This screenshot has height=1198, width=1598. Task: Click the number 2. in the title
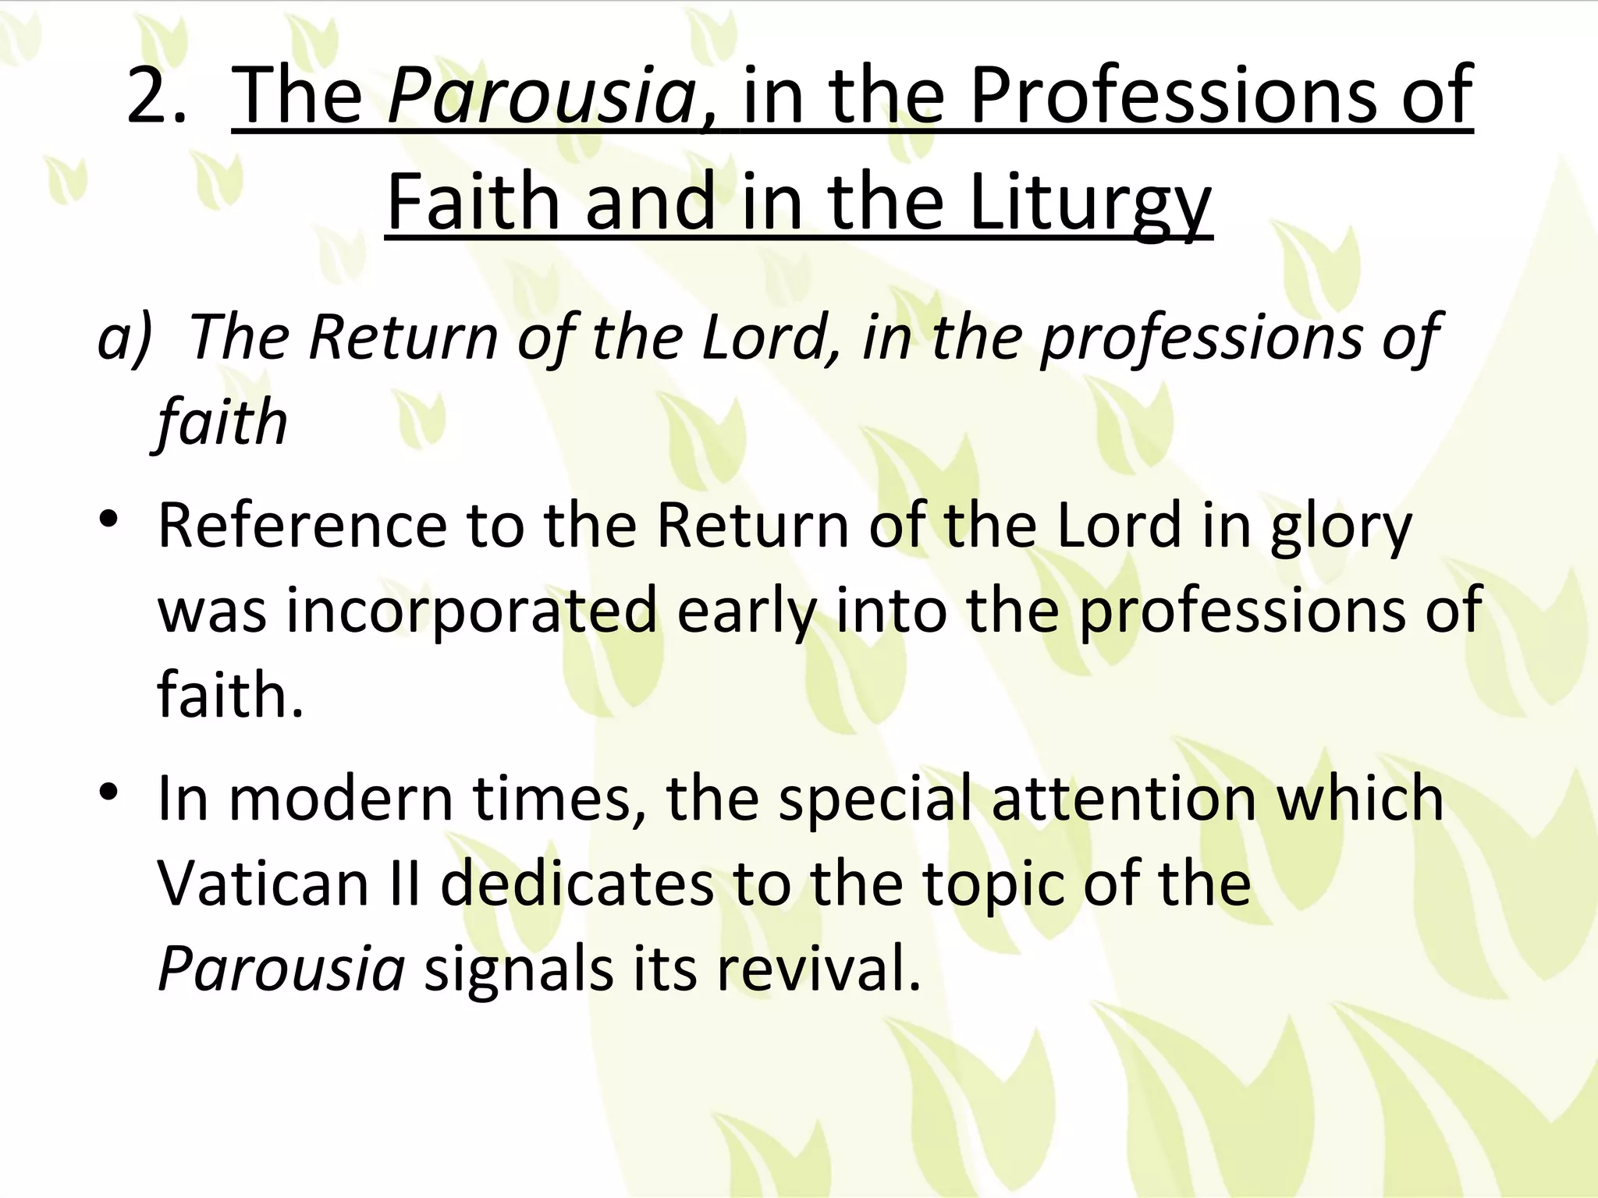pyautogui.click(x=156, y=95)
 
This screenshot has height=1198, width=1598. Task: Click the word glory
pyautogui.click(x=1341, y=527)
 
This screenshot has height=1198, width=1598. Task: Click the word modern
pyautogui.click(x=341, y=799)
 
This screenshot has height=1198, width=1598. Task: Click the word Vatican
pyautogui.click(x=262, y=884)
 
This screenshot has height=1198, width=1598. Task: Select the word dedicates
pyautogui.click(x=577, y=884)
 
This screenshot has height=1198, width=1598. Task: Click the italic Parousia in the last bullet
pyautogui.click(x=281, y=969)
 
